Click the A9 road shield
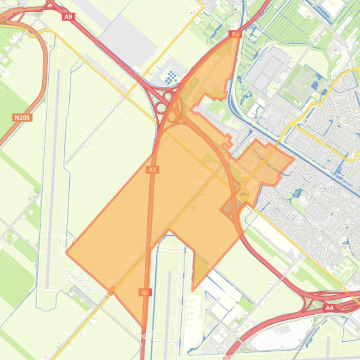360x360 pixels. pyautogui.click(x=68, y=16)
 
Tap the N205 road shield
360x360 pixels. pyautogui.click(x=22, y=117)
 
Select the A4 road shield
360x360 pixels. pyautogui.click(x=330, y=308)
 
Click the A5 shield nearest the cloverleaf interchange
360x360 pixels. pyautogui.click(x=152, y=170)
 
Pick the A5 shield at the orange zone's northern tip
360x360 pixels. pyautogui.click(x=235, y=34)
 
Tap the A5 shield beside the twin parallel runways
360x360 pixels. pyautogui.click(x=145, y=292)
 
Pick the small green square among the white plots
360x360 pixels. pyautogui.click(x=246, y=304)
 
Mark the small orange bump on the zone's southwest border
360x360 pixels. pyautogui.click(x=111, y=292)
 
